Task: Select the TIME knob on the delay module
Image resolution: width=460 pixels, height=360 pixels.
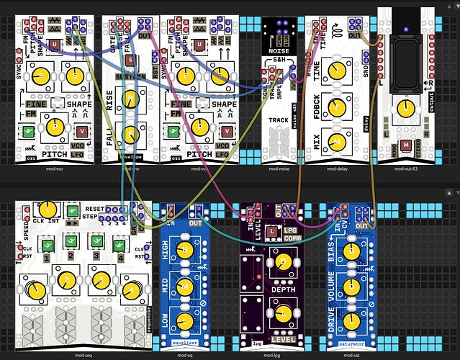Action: [x=334, y=69]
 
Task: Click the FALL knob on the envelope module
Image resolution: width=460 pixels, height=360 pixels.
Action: [x=130, y=135]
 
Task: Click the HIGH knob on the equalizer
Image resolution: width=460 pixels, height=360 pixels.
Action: [x=186, y=248]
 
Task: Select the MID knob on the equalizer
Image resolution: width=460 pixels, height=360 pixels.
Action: [x=186, y=284]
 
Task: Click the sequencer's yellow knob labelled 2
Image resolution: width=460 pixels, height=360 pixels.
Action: [x=66, y=279]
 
